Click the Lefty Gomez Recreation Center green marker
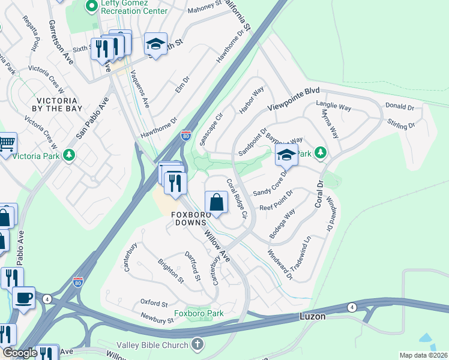(92, 7)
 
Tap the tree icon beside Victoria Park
(70, 155)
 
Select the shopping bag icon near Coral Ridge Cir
(217, 203)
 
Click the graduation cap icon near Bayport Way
(287, 155)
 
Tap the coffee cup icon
(24, 298)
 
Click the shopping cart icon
(7, 143)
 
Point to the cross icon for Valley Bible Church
(197, 344)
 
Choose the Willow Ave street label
(217, 246)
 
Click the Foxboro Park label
(199, 313)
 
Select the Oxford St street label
(154, 302)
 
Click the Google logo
(20, 353)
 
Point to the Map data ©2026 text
(423, 355)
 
